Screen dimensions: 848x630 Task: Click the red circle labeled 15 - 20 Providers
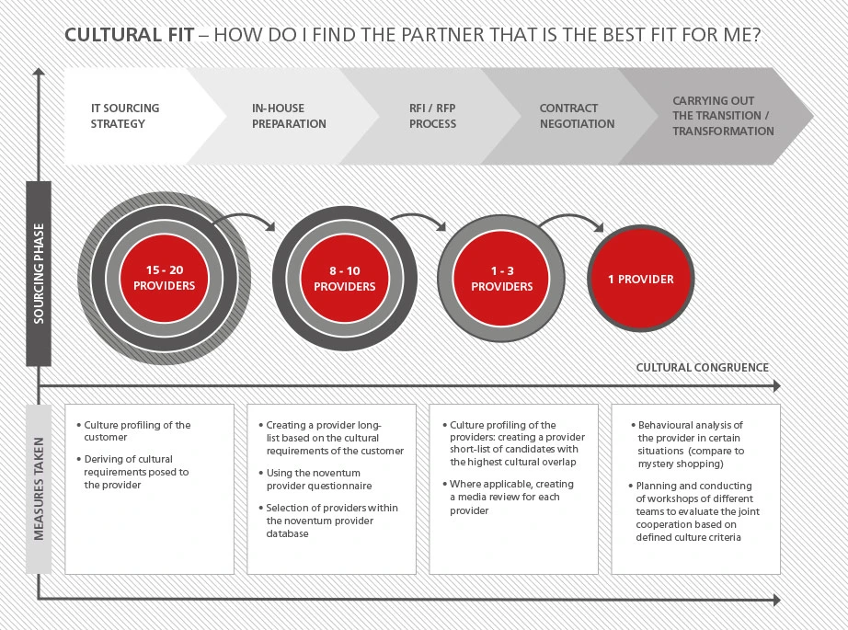164,278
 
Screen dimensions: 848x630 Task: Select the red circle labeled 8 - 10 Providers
345,279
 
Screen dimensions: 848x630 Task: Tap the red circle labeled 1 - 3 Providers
501,279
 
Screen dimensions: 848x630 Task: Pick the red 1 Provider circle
641,279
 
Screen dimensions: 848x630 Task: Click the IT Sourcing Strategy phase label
125,116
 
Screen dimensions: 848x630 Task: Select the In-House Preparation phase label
289,116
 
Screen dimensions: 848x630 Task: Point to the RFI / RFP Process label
432,116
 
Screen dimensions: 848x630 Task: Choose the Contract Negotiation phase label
577,116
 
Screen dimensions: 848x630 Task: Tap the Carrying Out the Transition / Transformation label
723,116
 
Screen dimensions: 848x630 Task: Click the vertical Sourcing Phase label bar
39,274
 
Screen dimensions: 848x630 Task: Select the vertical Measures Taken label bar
39,489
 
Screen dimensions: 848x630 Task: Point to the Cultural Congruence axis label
702,368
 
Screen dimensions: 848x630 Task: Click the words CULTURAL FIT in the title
130,35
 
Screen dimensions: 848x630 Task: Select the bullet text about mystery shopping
688,444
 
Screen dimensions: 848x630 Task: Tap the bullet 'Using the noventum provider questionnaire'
315,479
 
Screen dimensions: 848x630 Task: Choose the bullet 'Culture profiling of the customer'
134,431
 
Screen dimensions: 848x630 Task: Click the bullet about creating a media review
509,497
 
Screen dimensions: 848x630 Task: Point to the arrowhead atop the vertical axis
39,72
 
